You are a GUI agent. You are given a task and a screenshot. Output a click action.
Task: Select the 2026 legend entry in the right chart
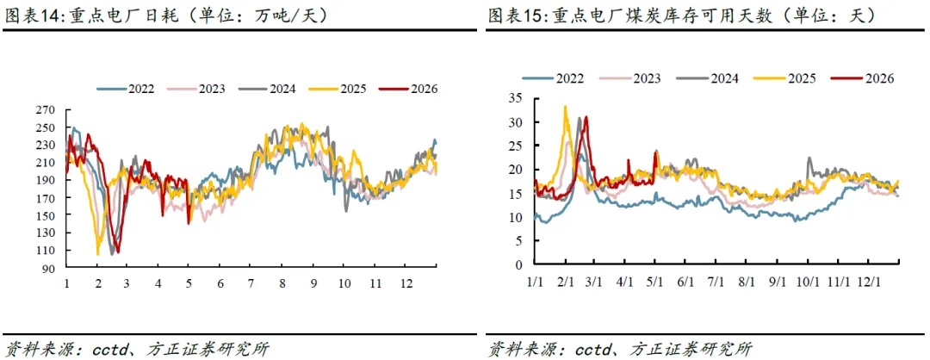862,78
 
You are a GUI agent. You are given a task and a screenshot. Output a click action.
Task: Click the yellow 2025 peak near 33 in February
565,107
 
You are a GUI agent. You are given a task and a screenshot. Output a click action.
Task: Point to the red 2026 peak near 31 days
586,117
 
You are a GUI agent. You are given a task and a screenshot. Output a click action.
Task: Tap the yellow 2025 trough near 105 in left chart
98,254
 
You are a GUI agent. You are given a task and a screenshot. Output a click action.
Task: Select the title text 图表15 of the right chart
515,16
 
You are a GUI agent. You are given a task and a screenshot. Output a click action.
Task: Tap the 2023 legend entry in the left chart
196,89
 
